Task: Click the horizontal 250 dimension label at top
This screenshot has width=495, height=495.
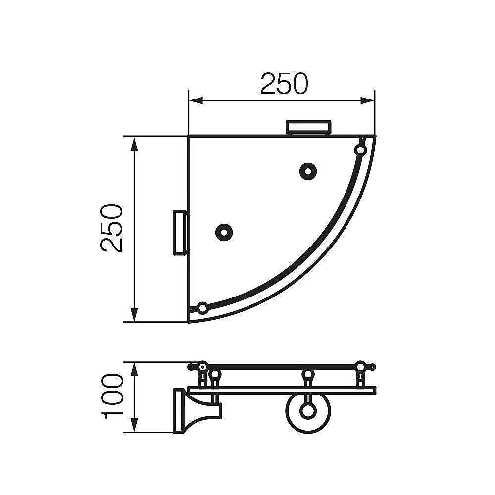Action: (x=284, y=84)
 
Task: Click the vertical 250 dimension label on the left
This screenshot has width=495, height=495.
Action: (x=111, y=228)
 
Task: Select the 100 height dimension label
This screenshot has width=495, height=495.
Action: (x=112, y=396)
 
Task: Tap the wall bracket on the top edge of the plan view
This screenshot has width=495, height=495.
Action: (x=308, y=127)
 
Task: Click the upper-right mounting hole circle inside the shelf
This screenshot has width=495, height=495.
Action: (x=308, y=171)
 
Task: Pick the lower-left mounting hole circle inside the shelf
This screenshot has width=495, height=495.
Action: (x=224, y=232)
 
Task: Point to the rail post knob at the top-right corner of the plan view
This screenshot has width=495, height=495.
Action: (x=360, y=149)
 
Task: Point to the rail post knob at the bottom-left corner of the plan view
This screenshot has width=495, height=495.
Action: (x=202, y=308)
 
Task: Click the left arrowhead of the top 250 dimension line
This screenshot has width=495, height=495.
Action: (x=196, y=100)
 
